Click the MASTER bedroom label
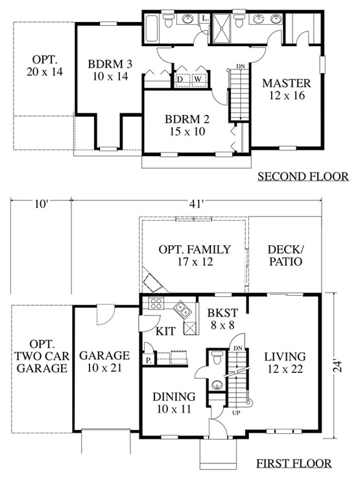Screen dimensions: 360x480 [287, 83]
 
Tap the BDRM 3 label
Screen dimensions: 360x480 [110, 64]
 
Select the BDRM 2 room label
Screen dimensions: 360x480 [187, 119]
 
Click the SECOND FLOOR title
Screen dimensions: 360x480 [303, 176]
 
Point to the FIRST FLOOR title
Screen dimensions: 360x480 [294, 464]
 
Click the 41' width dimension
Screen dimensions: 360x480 [197, 204]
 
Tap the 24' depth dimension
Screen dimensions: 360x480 [337, 365]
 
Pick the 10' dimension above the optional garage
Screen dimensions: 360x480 [42, 204]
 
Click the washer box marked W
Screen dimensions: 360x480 [198, 80]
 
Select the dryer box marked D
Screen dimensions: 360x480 [182, 80]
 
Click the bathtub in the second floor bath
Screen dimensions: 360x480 [152, 28]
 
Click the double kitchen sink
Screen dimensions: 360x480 [183, 309]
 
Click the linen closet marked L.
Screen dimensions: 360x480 [204, 18]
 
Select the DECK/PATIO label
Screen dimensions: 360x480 [285, 256]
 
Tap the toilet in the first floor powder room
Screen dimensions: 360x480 [217, 357]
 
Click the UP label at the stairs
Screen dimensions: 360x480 [236, 413]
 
